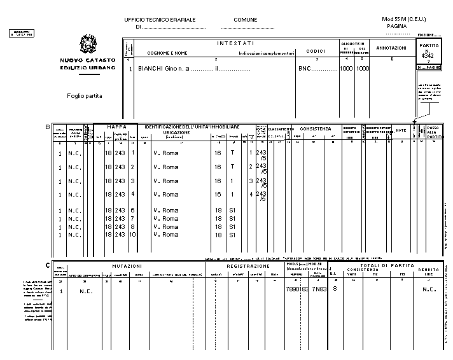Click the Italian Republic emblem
click(88, 45)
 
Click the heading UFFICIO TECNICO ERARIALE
click(160, 20)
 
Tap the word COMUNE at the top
click(245, 20)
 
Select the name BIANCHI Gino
click(158, 68)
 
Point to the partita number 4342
click(427, 57)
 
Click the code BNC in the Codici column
click(306, 68)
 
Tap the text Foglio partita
click(85, 96)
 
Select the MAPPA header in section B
click(116, 127)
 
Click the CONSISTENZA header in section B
click(316, 128)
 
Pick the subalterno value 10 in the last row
click(132, 235)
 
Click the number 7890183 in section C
click(297, 289)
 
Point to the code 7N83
click(319, 289)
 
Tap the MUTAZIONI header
click(127, 266)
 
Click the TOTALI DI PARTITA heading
click(388, 265)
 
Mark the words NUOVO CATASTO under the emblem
click(87, 60)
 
